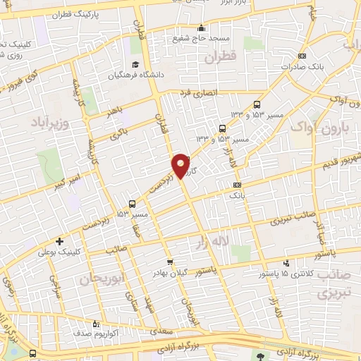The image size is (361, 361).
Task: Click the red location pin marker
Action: tap(180, 165)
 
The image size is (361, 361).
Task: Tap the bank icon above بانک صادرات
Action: tap(303, 56)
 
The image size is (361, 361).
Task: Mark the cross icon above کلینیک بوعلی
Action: tap(59, 240)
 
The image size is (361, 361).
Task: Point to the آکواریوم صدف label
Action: tap(106, 329)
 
